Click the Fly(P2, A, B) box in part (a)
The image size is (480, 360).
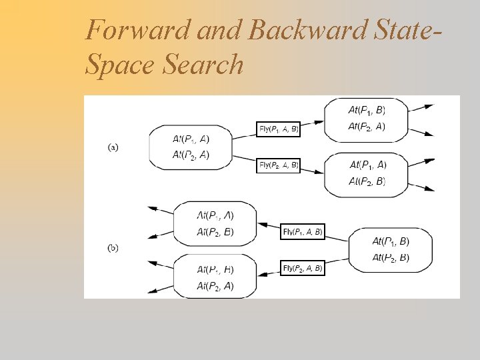click(x=279, y=165)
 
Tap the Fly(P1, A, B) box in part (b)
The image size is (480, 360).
click(x=303, y=232)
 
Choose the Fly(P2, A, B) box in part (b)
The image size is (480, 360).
click(x=303, y=268)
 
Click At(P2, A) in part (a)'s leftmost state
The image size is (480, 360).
click(x=191, y=155)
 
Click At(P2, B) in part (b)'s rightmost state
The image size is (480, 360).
click(x=391, y=257)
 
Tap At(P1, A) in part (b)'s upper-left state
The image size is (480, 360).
click(x=215, y=215)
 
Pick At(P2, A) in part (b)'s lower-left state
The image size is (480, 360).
click(x=215, y=285)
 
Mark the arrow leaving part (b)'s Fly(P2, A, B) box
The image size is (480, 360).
click(x=269, y=271)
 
